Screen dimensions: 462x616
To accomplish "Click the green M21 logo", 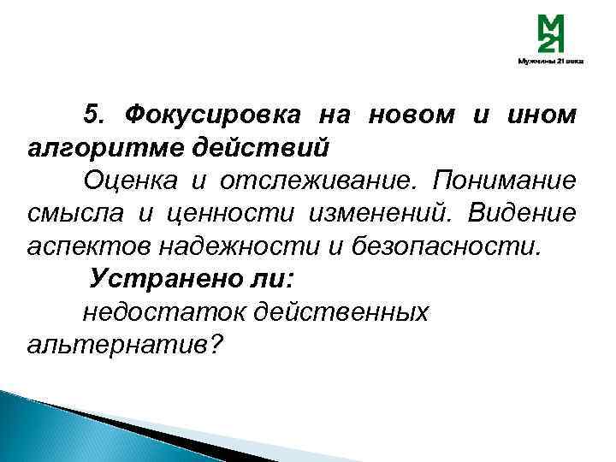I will coord(550,35).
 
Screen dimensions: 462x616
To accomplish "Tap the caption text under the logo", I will coord(550,62).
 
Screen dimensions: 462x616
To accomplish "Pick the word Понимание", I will coord(505,181).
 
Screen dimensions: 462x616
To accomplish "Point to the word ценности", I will coord(210,214).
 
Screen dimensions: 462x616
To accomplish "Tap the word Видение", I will coord(524,214).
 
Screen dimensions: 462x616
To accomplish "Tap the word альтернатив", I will coord(120,346).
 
